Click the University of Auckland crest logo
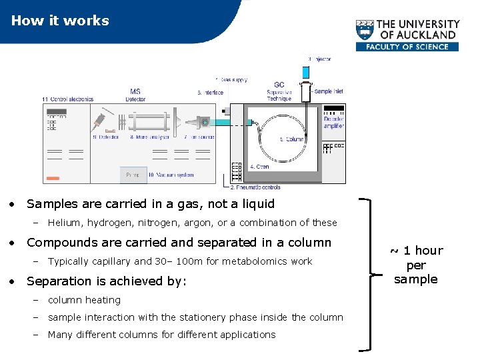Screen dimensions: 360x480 [x=365, y=31]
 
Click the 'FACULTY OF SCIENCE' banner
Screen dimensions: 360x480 [x=407, y=47]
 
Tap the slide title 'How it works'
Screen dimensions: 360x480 [x=60, y=21]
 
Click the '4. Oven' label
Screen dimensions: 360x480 [x=259, y=167]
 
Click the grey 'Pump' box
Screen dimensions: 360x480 [x=133, y=175]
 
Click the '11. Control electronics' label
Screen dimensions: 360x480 [x=67, y=99]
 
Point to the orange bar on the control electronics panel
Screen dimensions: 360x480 [x=53, y=178]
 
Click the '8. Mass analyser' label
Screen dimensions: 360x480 [x=149, y=137]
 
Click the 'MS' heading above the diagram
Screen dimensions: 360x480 [x=135, y=91]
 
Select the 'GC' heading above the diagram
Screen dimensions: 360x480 [x=279, y=85]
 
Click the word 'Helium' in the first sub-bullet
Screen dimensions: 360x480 [x=63, y=223]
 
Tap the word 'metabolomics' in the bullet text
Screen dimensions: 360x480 [x=247, y=261]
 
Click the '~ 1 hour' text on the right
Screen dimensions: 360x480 [x=416, y=251]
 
